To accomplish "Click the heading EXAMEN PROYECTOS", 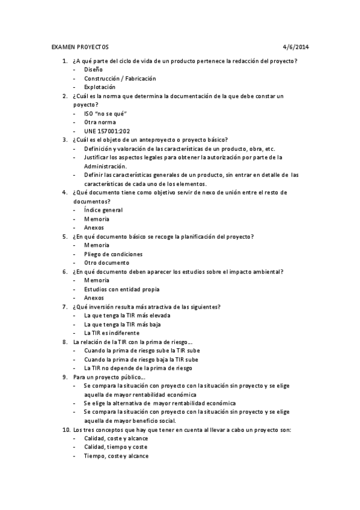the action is pos(81,46).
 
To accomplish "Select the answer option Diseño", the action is pos(93,70).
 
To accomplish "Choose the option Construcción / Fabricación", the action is pos(120,79).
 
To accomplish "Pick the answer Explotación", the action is pos(100,87).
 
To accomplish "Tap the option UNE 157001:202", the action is pos(107,131).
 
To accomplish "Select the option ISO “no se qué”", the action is pos(105,114).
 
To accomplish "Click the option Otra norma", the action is pos(99,122).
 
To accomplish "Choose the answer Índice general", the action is pos(103,210).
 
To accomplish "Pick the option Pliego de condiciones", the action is pos(114,254).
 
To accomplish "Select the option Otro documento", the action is pos(106,262).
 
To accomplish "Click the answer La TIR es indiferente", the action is pos(111,333).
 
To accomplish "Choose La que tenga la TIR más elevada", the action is pos(127,315).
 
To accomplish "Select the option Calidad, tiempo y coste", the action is pos(115,447).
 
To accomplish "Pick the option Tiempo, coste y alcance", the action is pos(116,456).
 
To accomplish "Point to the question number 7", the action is pos(65,307).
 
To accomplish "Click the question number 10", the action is pos(66,429).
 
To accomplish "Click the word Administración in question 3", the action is pos(105,166).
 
